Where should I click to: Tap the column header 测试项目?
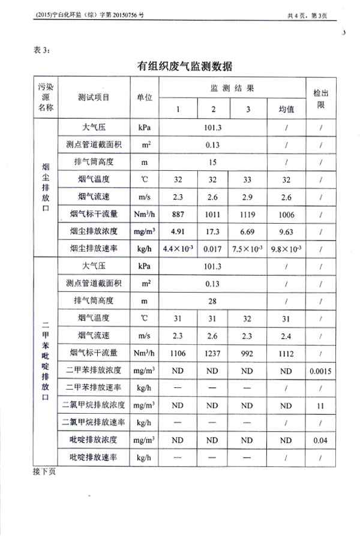point(94,99)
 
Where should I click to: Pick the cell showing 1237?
point(212,353)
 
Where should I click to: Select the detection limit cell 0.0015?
point(321,371)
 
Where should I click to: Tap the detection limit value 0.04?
point(321,440)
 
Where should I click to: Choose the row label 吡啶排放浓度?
point(94,440)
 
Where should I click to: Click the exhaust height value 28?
point(212,301)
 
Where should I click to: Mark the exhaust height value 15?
point(212,161)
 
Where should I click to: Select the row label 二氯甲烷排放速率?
point(94,423)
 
